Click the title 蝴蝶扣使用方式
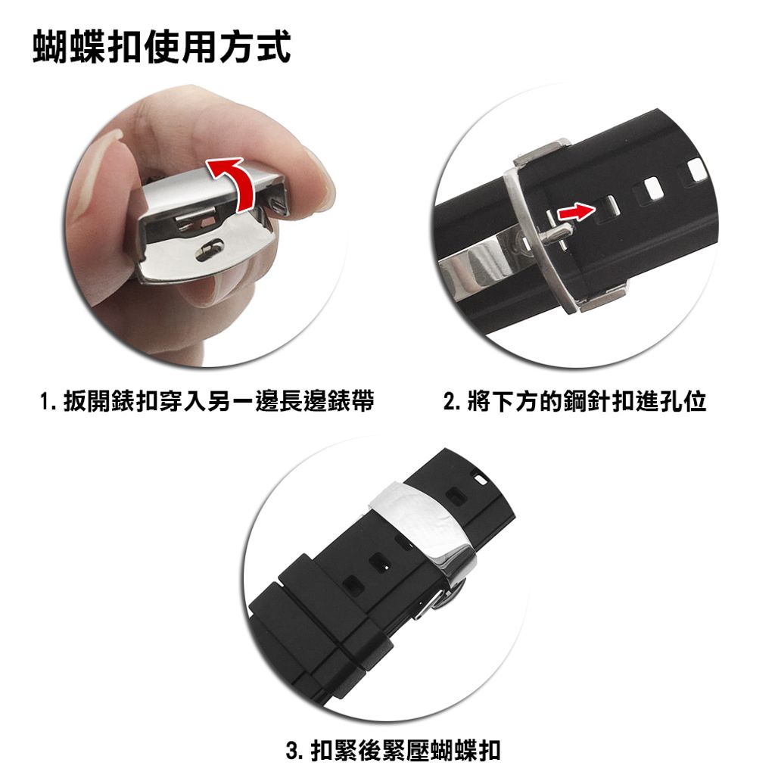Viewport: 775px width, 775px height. (x=162, y=48)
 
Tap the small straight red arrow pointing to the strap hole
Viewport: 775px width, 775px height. (x=576, y=213)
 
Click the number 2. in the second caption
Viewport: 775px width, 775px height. (x=453, y=401)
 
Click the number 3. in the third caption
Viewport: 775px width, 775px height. (x=295, y=750)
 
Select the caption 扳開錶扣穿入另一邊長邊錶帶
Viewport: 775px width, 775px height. (x=219, y=401)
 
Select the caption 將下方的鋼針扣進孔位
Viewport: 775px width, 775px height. (x=587, y=401)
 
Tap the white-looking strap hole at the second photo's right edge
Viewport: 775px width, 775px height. (x=696, y=170)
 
